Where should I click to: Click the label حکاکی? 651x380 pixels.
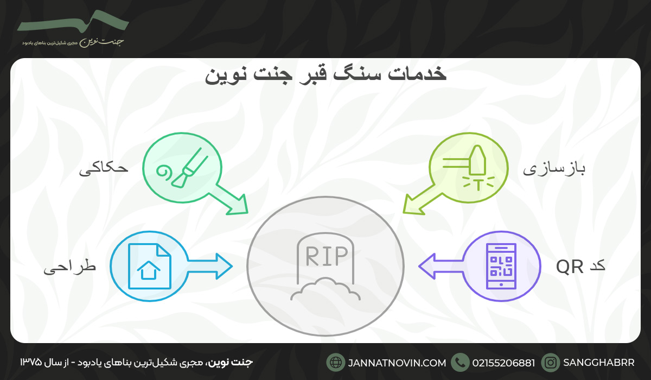104,169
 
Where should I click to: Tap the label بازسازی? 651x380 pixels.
554,169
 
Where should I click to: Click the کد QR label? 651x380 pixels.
580,266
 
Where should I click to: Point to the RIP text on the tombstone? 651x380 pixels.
325,256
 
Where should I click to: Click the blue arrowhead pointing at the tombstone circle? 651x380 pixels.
224,266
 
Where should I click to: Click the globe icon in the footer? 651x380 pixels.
336,362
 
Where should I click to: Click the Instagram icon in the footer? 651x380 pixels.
551,362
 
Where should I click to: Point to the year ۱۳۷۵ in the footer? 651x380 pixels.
31,362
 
